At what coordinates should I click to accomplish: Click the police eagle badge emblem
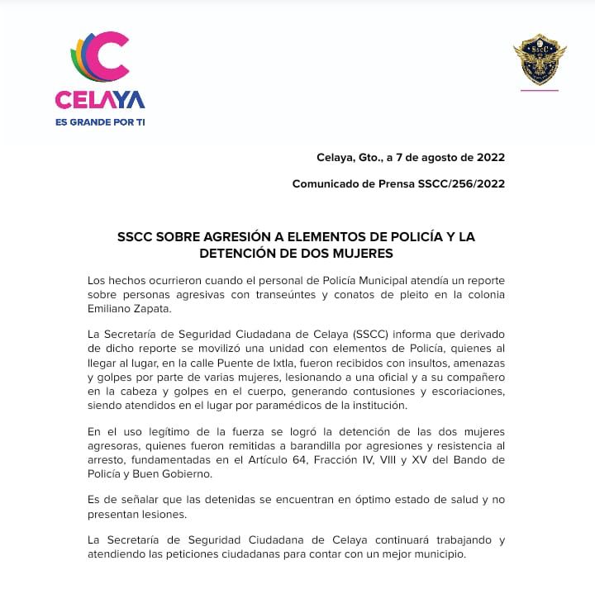pyautogui.click(x=539, y=59)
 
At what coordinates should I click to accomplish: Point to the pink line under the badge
pyautogui.click(x=539, y=89)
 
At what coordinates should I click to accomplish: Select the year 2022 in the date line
pyautogui.click(x=489, y=157)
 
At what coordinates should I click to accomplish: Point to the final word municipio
pyautogui.click(x=436, y=554)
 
